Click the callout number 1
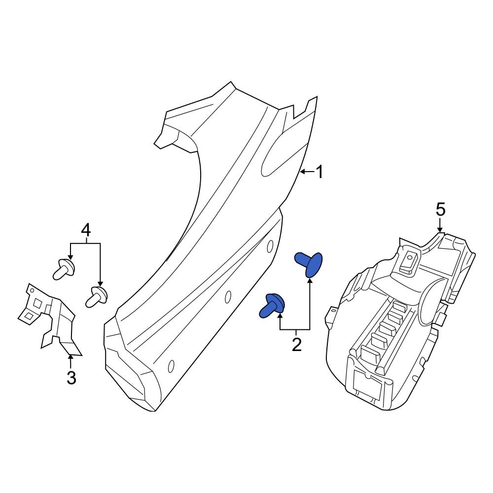(319, 172)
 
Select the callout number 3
(71, 378)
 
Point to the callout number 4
(85, 230)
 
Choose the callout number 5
(440, 210)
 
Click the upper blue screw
(309, 263)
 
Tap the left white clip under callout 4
(64, 269)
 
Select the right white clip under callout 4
(98, 295)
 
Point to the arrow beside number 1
(306, 172)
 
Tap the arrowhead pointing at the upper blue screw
(310, 281)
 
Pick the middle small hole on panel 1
(228, 297)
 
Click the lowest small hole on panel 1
(171, 366)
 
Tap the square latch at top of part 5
(409, 261)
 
